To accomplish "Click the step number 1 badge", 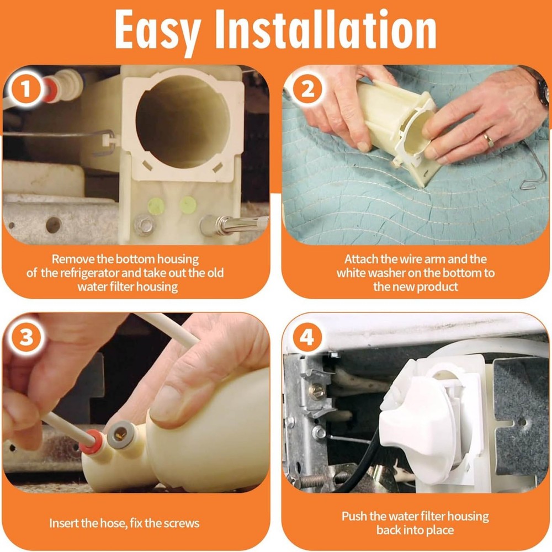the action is coord(26,89).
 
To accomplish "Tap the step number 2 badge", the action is coord(307,89).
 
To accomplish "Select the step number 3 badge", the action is coord(26,337).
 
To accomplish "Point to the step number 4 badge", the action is coord(307,337).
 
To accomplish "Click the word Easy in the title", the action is coord(158,31).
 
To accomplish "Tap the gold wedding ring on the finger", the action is coord(490,140).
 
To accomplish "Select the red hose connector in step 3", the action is coord(92,440).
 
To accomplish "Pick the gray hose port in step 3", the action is coord(120,433).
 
